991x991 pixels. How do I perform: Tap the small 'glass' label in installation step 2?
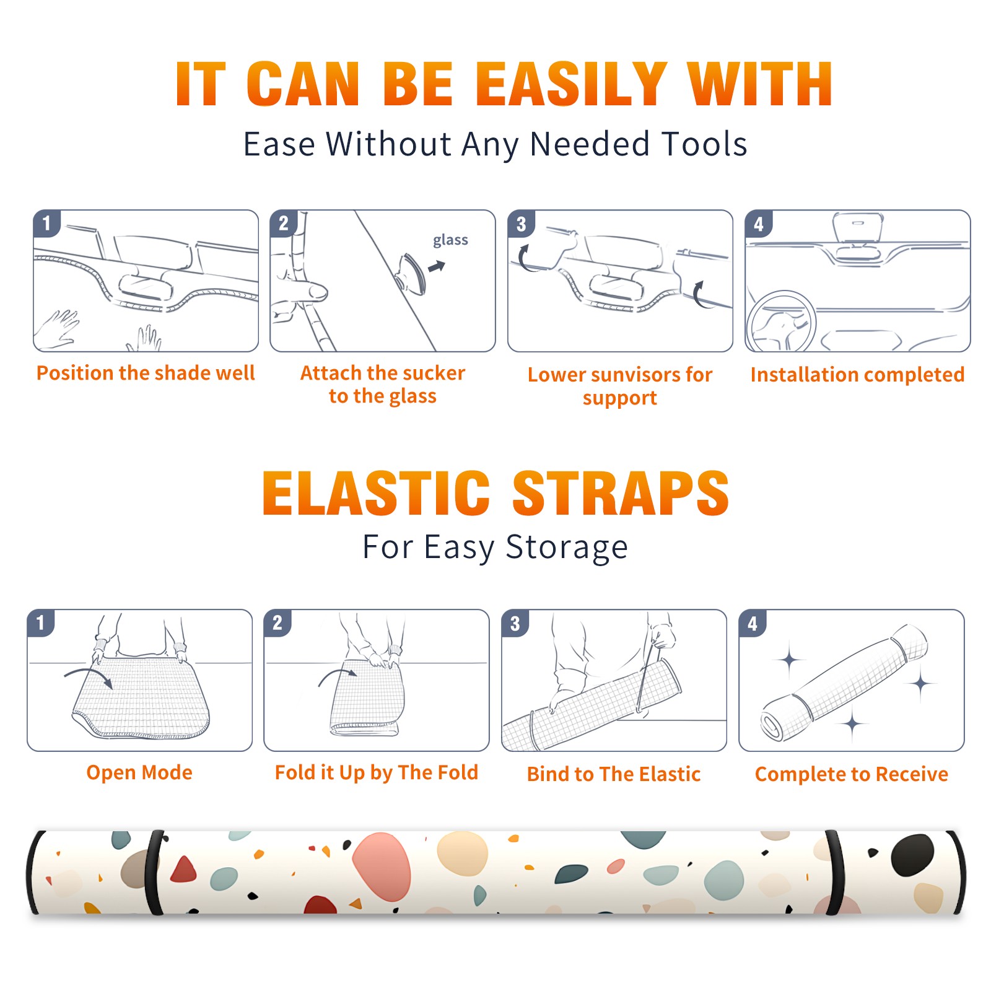click(x=450, y=240)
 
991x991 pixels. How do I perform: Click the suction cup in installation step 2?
click(x=410, y=273)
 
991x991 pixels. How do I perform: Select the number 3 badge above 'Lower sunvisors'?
click(x=521, y=224)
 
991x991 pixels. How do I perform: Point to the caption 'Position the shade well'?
click(x=146, y=373)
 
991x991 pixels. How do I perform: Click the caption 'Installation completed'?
click(x=857, y=375)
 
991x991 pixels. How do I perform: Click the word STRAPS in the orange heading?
click(x=621, y=493)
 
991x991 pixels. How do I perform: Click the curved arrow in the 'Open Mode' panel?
click(x=89, y=676)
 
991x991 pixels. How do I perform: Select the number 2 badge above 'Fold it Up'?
click(x=277, y=622)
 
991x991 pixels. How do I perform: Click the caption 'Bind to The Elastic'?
click(x=614, y=774)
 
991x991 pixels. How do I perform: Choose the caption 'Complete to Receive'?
click(x=852, y=774)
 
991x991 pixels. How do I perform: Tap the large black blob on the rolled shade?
click(x=912, y=855)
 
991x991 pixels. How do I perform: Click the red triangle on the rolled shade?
click(x=183, y=870)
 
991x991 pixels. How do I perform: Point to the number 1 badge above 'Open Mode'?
click(x=41, y=622)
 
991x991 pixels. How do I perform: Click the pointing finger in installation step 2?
click(x=302, y=291)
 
